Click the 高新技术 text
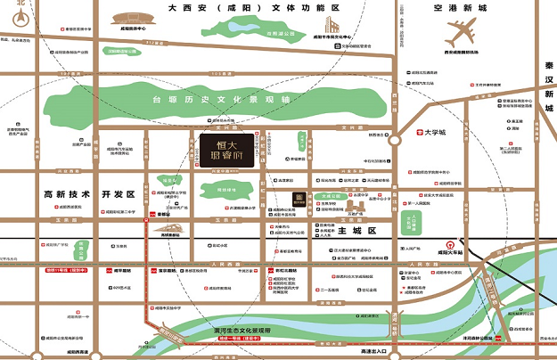[x=67, y=193]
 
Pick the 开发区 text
[x=118, y=193]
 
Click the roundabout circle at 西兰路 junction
[x=394, y=139]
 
